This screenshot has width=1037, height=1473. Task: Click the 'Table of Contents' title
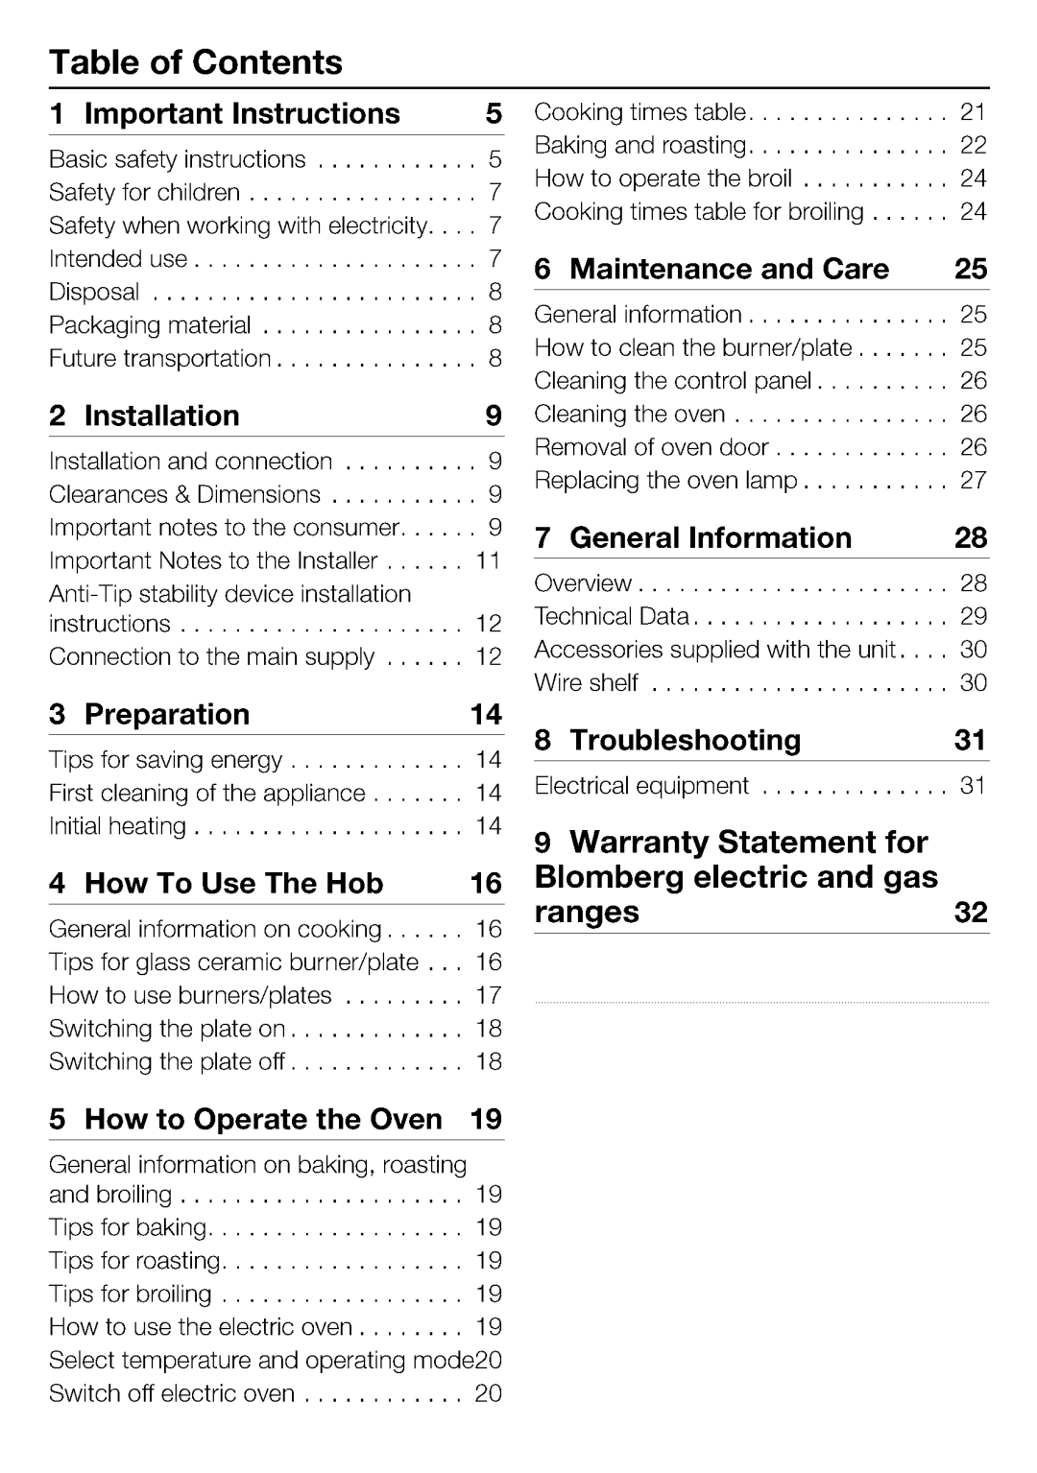196,63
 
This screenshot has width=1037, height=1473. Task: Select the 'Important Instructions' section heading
242,114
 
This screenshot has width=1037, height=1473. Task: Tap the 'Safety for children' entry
145,193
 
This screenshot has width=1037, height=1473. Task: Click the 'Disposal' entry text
94,292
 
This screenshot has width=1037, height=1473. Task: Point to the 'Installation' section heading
161,416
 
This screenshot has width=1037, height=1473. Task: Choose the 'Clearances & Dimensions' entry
184,494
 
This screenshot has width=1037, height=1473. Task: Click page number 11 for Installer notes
489,560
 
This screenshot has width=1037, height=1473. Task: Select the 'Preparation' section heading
166,714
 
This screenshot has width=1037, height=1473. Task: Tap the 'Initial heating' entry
117,826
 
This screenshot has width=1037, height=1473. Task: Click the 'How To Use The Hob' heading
233,883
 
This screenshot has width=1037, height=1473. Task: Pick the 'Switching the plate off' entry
167,1062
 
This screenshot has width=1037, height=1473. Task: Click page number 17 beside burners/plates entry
489,995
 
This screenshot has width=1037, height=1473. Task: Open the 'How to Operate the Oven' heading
263,1119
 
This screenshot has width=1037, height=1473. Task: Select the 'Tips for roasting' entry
135,1261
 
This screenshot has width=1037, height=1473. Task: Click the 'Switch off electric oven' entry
172,1393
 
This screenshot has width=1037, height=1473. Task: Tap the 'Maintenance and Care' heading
729,269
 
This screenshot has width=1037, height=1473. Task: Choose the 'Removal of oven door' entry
651,447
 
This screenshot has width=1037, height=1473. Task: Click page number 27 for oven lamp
974,480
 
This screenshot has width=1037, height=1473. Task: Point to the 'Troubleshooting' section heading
685,740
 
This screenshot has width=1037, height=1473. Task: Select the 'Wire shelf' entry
587,683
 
